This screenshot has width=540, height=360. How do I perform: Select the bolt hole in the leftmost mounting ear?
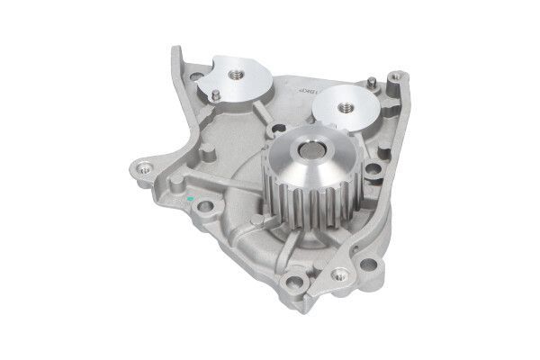140,168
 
